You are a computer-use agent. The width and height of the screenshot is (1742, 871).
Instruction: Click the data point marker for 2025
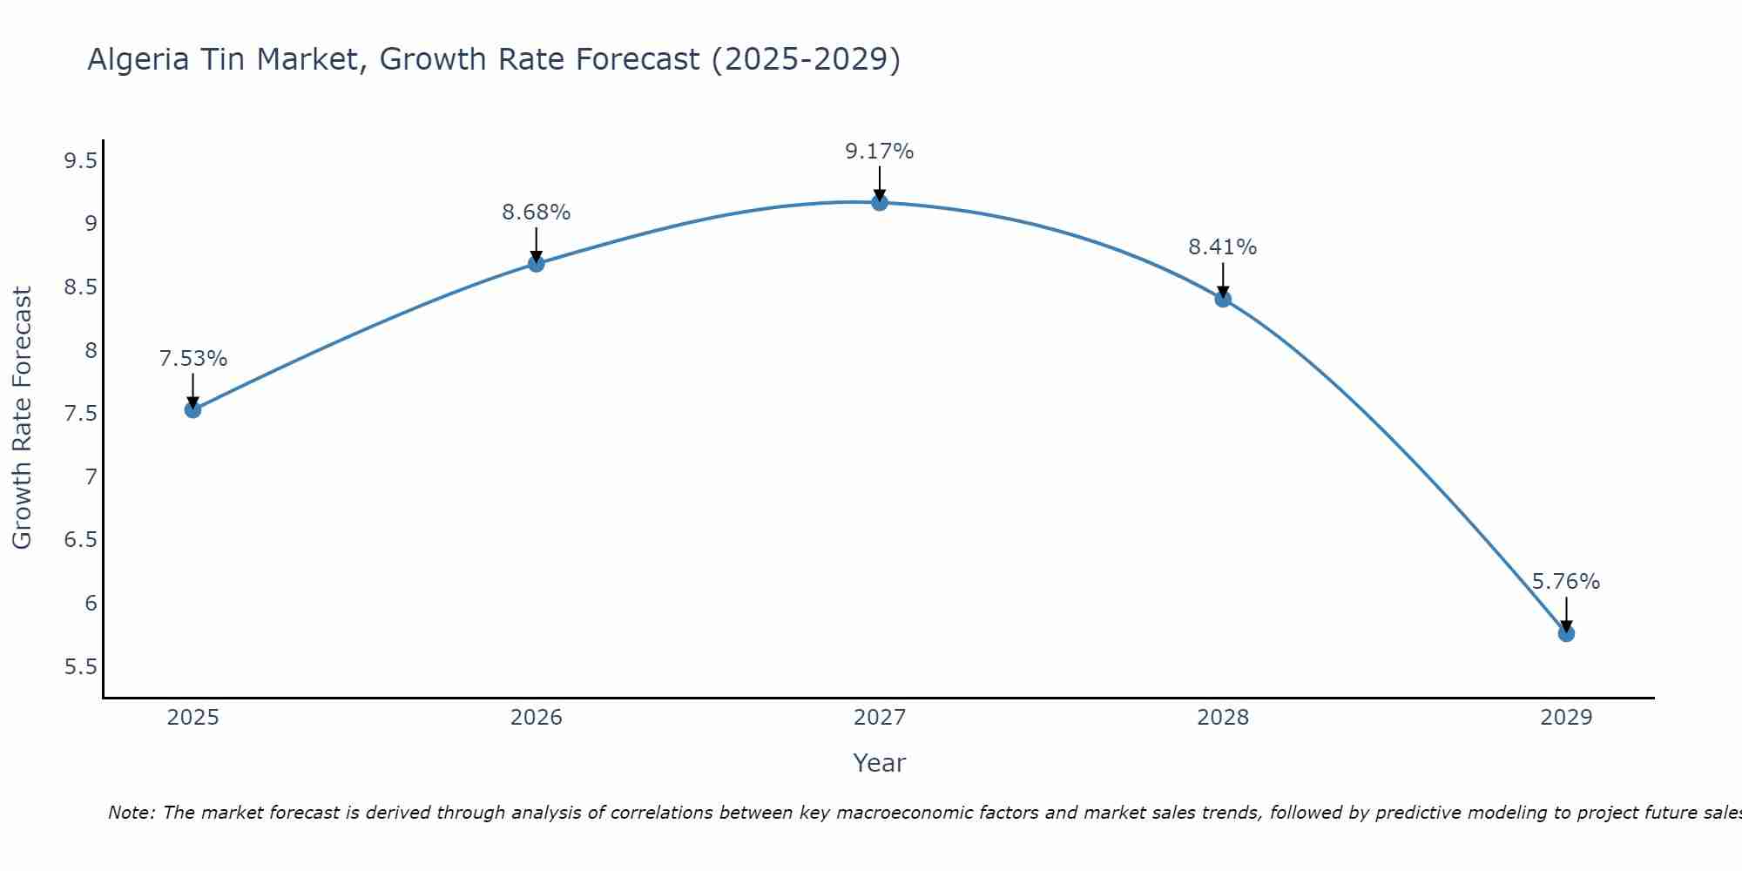coord(193,409)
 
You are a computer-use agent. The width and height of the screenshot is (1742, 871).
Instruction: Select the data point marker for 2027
coord(880,202)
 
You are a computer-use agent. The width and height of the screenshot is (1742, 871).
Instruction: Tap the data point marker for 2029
coord(1566,633)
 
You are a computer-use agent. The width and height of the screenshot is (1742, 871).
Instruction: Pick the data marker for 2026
coord(537,263)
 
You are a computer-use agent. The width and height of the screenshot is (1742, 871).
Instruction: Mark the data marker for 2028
coord(1223,299)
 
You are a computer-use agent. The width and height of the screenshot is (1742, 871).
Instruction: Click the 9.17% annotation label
coord(880,152)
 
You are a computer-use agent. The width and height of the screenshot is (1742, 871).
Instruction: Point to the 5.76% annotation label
coord(1566,582)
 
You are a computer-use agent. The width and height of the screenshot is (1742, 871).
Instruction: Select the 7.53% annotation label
coord(193,359)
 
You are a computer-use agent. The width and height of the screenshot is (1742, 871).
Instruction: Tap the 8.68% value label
coord(537,213)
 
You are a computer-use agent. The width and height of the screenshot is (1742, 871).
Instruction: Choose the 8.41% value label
coord(1223,247)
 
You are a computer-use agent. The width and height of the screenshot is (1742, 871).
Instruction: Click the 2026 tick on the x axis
coord(537,718)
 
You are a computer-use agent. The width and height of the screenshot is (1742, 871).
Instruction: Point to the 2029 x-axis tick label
coord(1566,718)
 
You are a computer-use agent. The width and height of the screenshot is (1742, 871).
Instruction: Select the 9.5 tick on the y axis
coord(80,161)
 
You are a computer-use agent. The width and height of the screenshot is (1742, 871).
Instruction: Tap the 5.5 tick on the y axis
coord(80,667)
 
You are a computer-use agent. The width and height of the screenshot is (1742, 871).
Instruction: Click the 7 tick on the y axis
coord(91,477)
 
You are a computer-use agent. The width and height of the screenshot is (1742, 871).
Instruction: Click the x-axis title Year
coord(880,763)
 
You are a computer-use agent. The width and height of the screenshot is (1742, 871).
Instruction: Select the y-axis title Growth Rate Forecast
coord(22,418)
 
